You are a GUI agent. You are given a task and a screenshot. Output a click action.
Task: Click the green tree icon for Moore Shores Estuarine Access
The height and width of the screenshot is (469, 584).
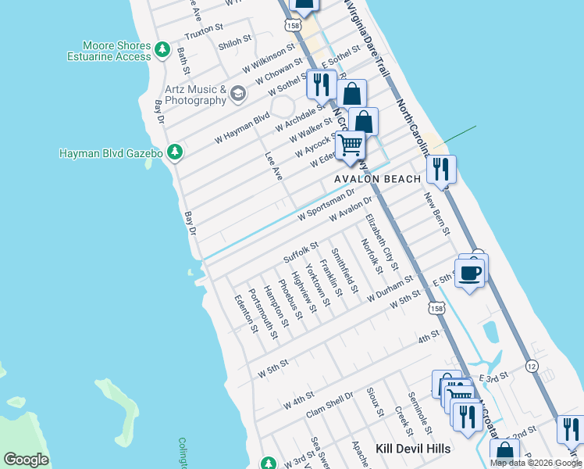tap(162, 50)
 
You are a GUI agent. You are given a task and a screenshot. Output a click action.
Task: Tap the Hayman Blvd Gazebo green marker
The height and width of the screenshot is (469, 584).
tap(176, 152)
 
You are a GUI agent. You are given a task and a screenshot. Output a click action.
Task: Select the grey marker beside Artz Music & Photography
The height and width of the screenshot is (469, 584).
tap(238, 95)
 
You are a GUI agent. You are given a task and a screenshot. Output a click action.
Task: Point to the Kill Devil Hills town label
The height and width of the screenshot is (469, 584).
tap(413, 448)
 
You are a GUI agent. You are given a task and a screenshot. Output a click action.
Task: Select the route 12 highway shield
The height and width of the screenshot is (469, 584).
tap(530, 366)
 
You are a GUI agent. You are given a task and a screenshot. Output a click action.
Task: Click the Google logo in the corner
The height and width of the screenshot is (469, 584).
tap(27, 459)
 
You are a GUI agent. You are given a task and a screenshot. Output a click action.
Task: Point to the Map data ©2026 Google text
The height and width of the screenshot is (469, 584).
tap(536, 463)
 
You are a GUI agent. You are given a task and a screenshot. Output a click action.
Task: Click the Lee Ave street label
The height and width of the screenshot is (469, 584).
tap(272, 166)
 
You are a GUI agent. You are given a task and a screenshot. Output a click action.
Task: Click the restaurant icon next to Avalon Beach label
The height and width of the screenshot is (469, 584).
tap(442, 167)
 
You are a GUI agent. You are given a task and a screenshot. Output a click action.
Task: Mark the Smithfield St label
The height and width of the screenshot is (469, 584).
tap(344, 271)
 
